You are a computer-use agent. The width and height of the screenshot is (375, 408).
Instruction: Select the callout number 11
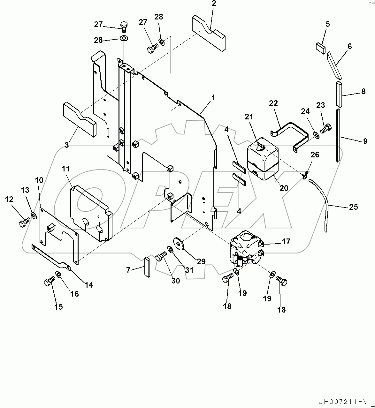pos(66,169)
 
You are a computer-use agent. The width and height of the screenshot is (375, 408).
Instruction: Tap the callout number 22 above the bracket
pos(273,103)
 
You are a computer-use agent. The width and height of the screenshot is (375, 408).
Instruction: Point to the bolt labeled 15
pos(49,282)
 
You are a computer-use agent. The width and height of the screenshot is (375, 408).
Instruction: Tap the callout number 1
pos(213,98)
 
